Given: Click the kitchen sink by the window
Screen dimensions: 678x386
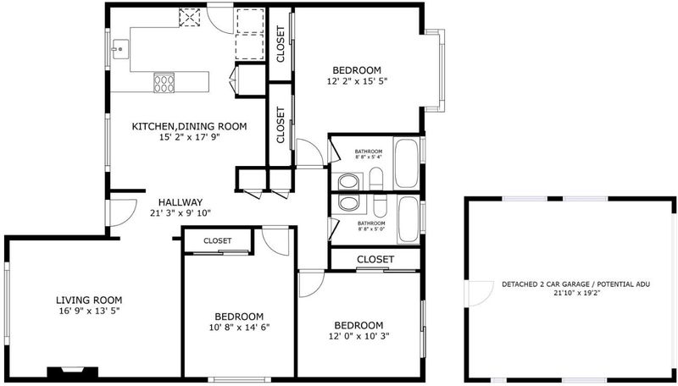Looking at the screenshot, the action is pyautogui.click(x=119, y=49).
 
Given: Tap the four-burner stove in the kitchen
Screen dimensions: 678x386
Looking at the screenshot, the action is pyautogui.click(x=164, y=83).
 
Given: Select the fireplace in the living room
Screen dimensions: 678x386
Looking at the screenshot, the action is pyautogui.click(x=72, y=372).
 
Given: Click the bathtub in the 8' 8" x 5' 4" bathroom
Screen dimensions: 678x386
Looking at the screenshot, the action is pyautogui.click(x=407, y=163).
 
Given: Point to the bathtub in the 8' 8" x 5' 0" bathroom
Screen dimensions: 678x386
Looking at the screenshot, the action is pyautogui.click(x=408, y=219).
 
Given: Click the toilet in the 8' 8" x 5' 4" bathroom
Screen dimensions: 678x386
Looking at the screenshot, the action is pyautogui.click(x=376, y=179).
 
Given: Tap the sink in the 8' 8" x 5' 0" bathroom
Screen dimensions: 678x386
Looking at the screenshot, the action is pyautogui.click(x=348, y=202).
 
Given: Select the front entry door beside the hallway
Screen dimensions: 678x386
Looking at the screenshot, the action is pyautogui.click(x=122, y=212).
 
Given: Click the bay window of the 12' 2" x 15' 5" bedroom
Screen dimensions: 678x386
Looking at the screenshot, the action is pyautogui.click(x=435, y=70).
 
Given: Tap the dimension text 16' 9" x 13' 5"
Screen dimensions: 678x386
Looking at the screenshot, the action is pyautogui.click(x=89, y=311).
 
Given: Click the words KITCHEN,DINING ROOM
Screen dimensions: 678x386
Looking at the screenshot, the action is pyautogui.click(x=189, y=126).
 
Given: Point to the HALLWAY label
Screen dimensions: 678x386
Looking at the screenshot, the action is pyautogui.click(x=181, y=202).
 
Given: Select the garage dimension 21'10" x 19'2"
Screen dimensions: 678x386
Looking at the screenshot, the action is pyautogui.click(x=576, y=293).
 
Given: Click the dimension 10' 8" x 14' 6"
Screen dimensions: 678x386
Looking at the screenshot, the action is pyautogui.click(x=239, y=327).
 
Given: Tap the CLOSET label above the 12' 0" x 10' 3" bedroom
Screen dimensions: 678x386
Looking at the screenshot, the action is pyautogui.click(x=375, y=259).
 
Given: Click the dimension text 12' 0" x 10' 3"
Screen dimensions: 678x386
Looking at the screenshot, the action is pyautogui.click(x=358, y=336).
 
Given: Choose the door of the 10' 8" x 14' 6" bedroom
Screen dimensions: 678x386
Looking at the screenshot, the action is pyautogui.click(x=275, y=240).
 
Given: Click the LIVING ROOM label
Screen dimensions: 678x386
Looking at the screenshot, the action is pyautogui.click(x=89, y=300).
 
